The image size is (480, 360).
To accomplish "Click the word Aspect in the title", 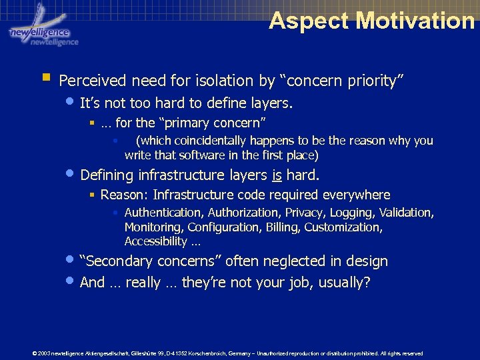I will (x=309, y=21).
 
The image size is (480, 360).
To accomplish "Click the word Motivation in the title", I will (x=415, y=21).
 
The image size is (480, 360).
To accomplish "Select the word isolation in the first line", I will (x=225, y=81).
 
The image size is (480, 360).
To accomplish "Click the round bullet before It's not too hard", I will (x=71, y=102).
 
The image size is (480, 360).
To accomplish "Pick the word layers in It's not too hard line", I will (x=271, y=104).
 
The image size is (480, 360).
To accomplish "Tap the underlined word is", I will (x=278, y=175).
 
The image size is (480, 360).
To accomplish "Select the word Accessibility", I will (x=155, y=241).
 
